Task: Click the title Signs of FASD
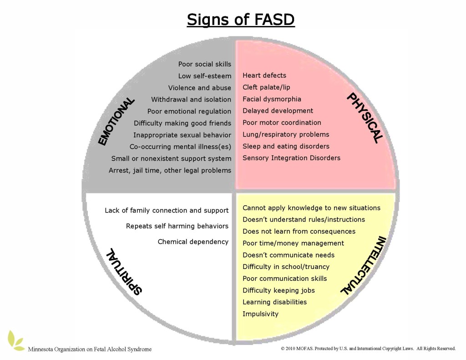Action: (x=241, y=20)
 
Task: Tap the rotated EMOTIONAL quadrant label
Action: (x=116, y=122)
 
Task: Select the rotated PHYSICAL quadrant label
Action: (x=365, y=118)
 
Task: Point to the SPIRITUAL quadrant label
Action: (x=124, y=271)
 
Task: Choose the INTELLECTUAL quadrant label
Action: (x=363, y=265)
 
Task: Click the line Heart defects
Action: (x=264, y=75)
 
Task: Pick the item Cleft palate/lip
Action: (x=266, y=87)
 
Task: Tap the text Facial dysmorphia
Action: (x=272, y=99)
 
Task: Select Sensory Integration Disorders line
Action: (x=291, y=158)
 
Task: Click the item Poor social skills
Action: (x=205, y=64)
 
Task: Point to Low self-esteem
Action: (x=205, y=76)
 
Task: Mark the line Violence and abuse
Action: (x=200, y=88)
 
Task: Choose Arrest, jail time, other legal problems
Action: (x=170, y=170)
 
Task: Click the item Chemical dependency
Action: (x=193, y=242)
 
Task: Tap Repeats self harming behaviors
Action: (x=177, y=226)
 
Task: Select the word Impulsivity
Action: (x=260, y=314)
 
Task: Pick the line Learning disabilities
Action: (x=274, y=302)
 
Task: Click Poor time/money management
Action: (x=293, y=243)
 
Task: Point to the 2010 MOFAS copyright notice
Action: (x=368, y=349)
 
